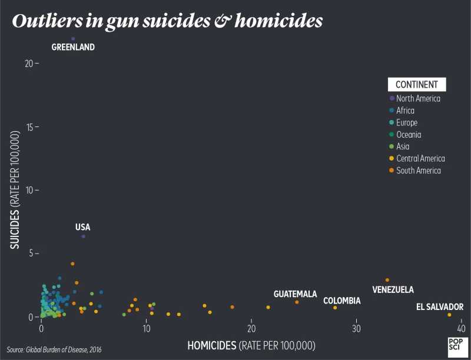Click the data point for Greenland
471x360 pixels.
[73, 39]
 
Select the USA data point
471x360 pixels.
[84, 236]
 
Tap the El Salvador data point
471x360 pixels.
[449, 315]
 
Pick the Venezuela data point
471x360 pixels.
[387, 280]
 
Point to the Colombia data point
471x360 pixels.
[335, 308]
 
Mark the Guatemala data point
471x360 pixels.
[297, 302]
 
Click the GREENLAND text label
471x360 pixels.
[73, 47]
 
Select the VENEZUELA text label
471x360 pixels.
[393, 290]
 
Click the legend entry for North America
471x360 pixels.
[417, 98]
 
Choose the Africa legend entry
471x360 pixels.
[405, 111]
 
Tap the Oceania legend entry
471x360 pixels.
[408, 135]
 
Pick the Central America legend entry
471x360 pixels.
[420, 158]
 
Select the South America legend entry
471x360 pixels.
[418, 171]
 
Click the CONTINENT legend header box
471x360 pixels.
[416, 84]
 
